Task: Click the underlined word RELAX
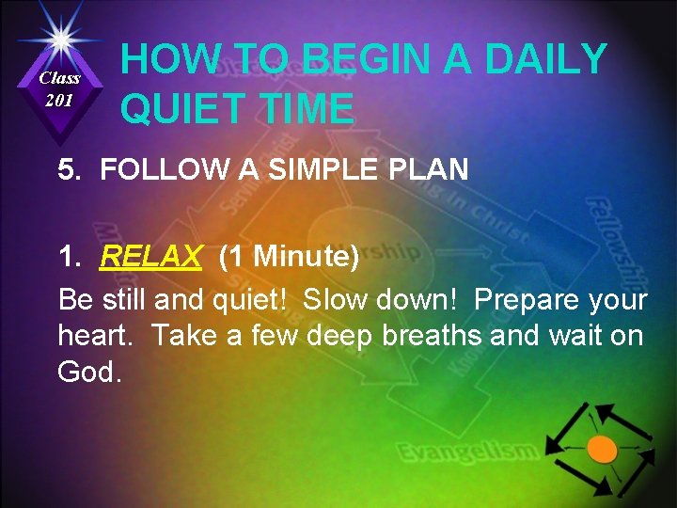tap(151, 256)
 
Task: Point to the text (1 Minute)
tap(288, 256)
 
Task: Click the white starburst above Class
tap(59, 38)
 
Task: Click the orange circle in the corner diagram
tap(601, 448)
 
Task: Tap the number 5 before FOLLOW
tap(66, 170)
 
